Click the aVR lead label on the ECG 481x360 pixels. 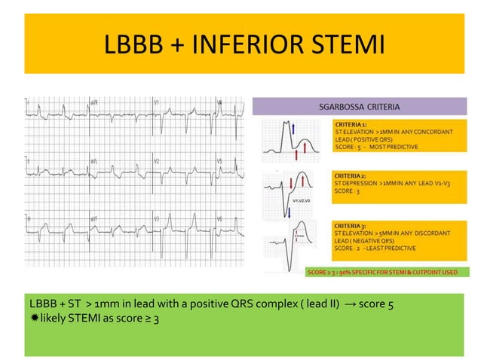tap(94, 102)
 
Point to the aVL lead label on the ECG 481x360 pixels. tap(94, 161)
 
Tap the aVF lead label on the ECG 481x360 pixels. tap(94, 219)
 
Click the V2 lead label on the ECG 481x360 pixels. tap(156, 161)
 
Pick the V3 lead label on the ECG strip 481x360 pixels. tap(156, 219)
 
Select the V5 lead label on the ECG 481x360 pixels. tap(219, 161)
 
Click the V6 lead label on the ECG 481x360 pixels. tap(219, 219)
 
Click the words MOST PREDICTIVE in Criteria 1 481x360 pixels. tap(394, 147)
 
